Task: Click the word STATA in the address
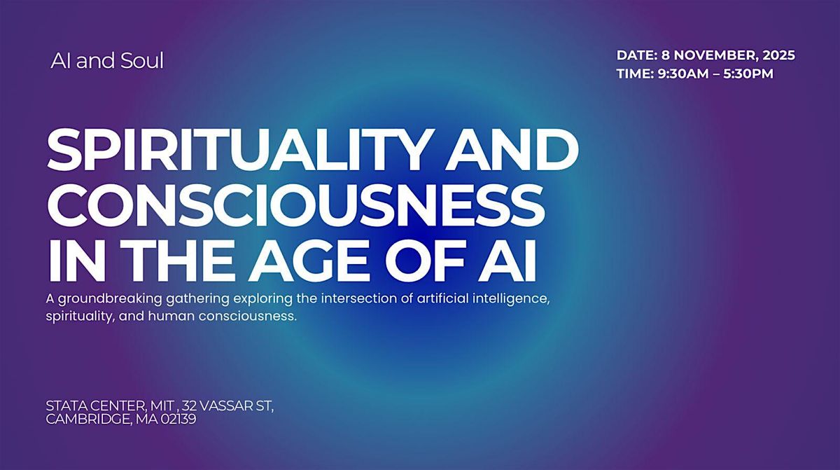click(x=64, y=406)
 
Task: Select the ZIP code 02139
click(x=177, y=419)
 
